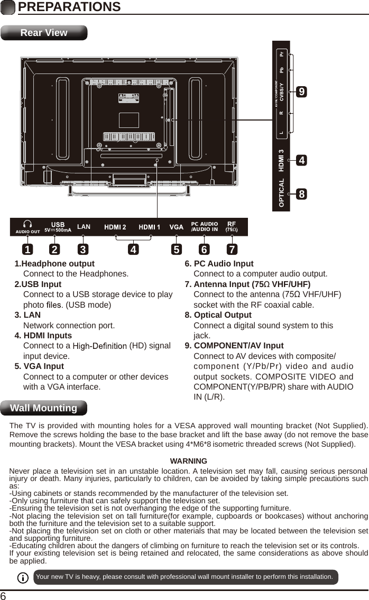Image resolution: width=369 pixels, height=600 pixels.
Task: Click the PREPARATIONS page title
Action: (69, 7)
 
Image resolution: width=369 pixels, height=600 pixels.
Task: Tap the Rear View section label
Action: (44, 33)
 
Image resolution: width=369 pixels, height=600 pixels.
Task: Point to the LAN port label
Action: (84, 227)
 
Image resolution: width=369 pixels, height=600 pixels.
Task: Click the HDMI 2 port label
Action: (115, 227)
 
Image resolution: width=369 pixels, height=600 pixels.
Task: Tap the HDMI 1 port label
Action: (150, 227)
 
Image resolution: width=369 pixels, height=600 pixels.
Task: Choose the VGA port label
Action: (177, 227)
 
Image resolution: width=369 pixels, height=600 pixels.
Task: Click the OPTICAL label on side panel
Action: (282, 192)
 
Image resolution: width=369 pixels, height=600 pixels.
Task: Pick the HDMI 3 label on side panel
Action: (282, 161)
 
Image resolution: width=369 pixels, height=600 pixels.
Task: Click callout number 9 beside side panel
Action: (301, 92)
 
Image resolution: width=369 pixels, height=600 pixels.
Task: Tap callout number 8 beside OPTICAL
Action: (301, 193)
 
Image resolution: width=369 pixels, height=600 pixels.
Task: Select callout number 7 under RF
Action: (232, 248)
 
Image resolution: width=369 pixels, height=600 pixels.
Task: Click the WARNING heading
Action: (188, 461)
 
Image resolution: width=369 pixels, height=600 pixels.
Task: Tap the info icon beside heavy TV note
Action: (23, 577)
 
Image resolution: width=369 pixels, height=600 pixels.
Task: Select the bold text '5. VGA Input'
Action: (39, 366)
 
